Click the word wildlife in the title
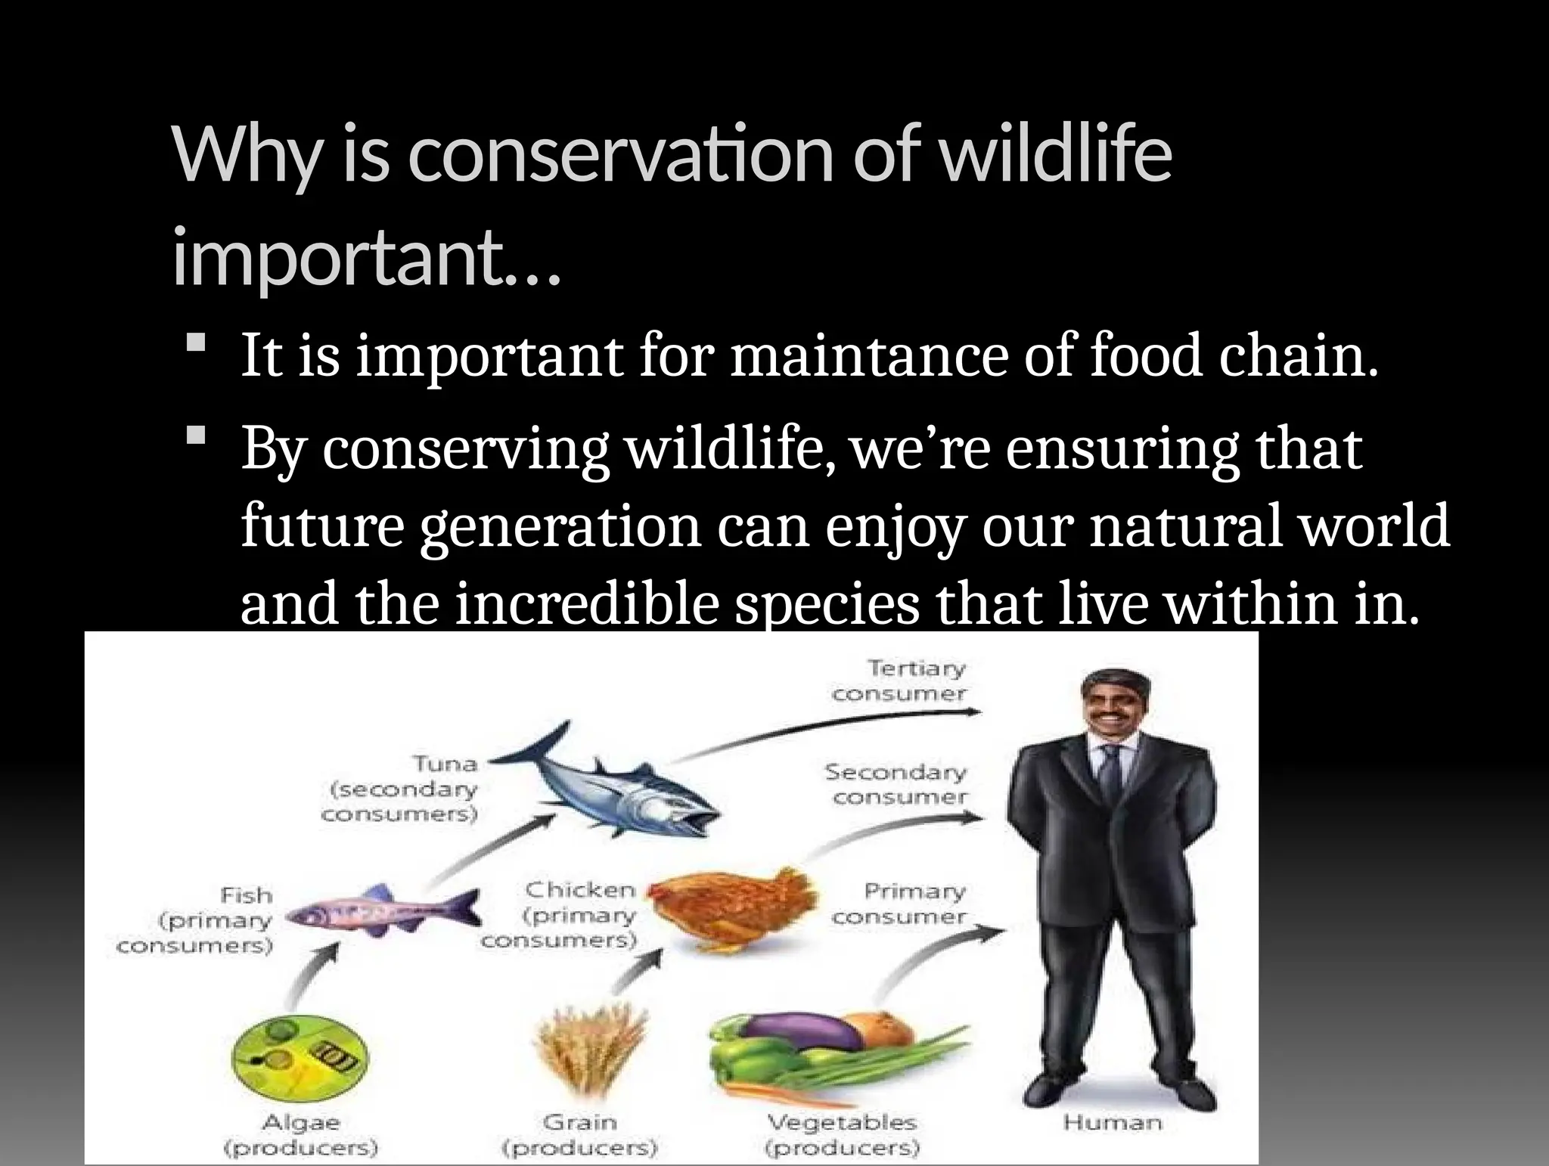1055,157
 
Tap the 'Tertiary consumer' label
900,681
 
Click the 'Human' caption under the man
1112,1123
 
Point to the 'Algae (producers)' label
300,1134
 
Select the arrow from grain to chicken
635,975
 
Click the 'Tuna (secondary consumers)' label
401,789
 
